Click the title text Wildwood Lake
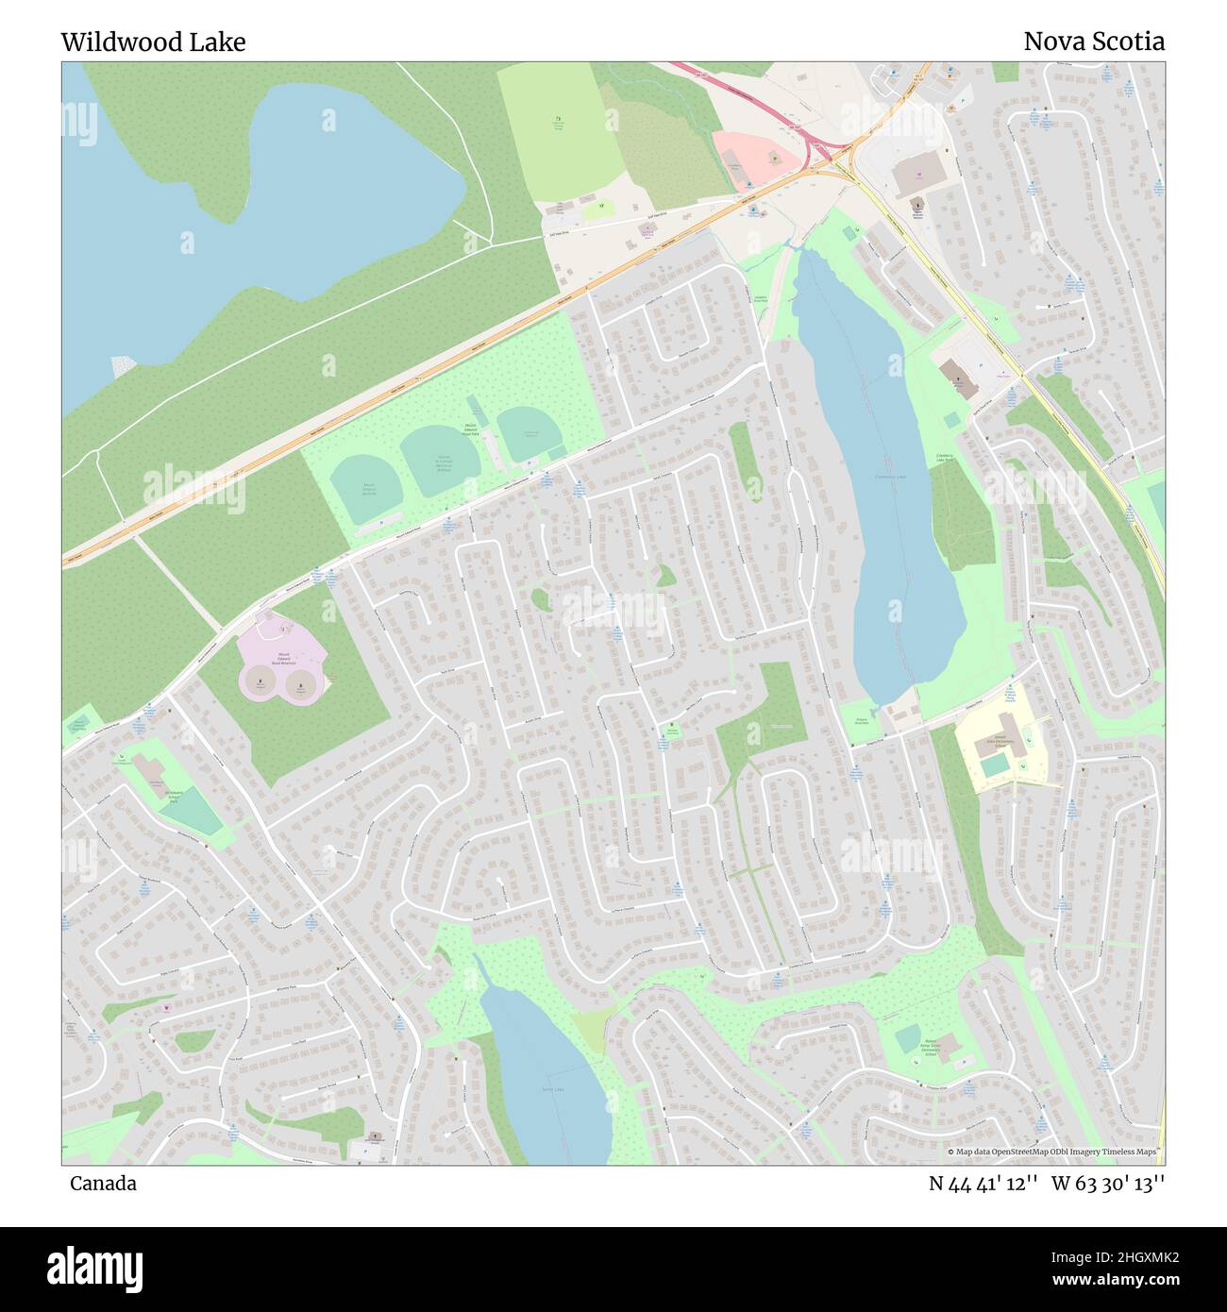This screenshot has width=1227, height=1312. click(x=153, y=42)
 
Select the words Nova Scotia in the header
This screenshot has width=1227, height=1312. click(x=1093, y=42)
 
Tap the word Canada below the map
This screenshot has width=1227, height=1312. click(x=103, y=1184)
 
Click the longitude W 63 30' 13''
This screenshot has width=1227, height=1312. click(x=1108, y=1184)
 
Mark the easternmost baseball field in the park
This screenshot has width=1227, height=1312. click(x=529, y=433)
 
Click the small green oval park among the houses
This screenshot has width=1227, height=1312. click(x=540, y=599)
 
